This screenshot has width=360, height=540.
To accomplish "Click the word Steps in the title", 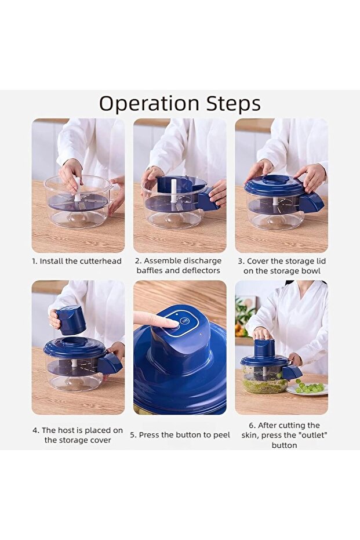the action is [233, 103].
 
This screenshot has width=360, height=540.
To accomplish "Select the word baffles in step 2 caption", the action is [150, 270].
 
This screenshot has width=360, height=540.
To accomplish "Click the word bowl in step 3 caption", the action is [311, 271].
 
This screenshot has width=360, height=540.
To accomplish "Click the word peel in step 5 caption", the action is [221, 435].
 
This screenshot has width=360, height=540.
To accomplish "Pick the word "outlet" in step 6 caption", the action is [313, 435].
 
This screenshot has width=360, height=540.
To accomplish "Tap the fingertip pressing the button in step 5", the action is [170, 322].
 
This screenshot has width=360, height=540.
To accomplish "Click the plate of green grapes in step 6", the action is [307, 389].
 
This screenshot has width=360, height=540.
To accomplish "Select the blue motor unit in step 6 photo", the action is [264, 349].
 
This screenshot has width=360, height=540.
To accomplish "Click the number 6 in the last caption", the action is [251, 425].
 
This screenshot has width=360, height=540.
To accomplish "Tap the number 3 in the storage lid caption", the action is [240, 262].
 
